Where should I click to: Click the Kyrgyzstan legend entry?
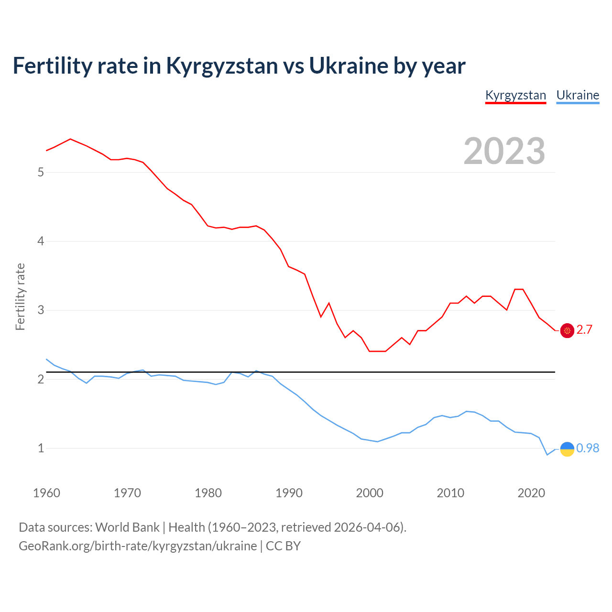pos(515,95)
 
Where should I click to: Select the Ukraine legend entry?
pos(578,95)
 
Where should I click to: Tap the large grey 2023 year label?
pos(504,151)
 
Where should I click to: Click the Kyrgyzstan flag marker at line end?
pos(567,330)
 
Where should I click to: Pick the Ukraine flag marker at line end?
pos(567,449)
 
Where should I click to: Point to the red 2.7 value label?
pos(584,330)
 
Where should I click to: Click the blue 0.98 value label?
pos(588,448)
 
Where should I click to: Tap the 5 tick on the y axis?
pos(41,172)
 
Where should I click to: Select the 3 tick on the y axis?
pos(41,310)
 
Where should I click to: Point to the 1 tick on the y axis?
pos(41,448)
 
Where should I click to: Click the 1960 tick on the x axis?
pos(46,493)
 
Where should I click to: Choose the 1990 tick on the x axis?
pos(289,493)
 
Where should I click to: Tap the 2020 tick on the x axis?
pos(531,493)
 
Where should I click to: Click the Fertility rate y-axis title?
pos(20,296)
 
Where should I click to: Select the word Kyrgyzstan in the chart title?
pos(222,66)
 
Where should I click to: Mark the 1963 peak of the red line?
pos(70,139)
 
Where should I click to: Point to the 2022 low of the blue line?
pos(547,455)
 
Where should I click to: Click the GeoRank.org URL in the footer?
pos(138,546)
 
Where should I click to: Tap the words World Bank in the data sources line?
pos(127,527)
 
